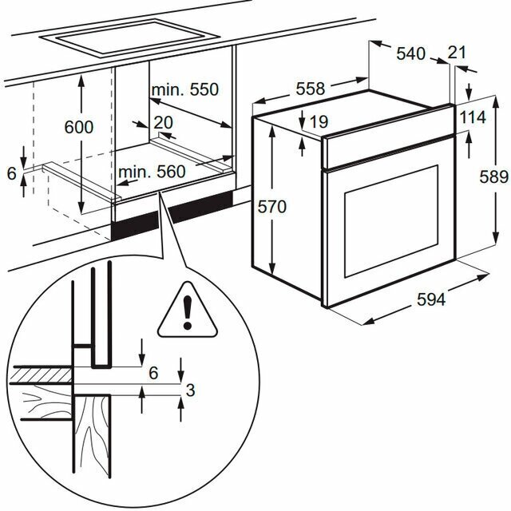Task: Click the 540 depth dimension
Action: point(410,53)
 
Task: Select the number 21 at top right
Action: point(457,53)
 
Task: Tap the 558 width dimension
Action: point(311,89)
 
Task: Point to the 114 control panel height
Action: point(473,117)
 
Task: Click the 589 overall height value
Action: point(493,177)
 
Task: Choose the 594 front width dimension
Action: point(431,299)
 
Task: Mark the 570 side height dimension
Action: point(271,207)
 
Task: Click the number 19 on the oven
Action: point(319,122)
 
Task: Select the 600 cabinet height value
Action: point(79,127)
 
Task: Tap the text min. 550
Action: point(185,89)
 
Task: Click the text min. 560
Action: point(152,172)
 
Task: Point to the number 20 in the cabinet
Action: point(163,123)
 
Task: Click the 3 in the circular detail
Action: point(190,390)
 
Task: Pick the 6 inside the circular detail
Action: point(153,373)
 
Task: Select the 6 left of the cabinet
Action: point(12,173)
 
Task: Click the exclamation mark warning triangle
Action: point(188,310)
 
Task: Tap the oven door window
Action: point(391,221)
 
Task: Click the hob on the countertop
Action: point(128,38)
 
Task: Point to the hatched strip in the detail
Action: point(41,374)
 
